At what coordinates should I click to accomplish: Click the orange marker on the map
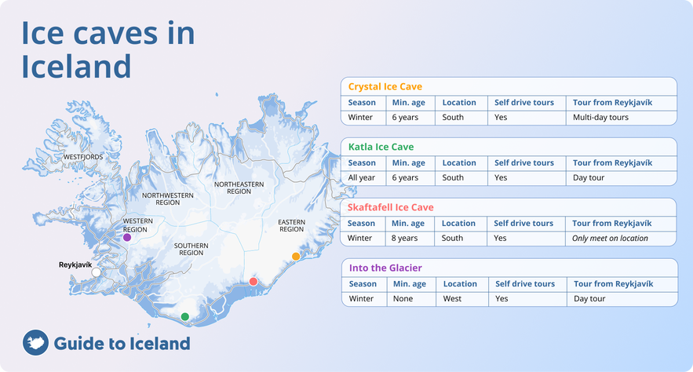click(x=296, y=257)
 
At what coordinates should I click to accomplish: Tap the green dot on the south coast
click(x=185, y=316)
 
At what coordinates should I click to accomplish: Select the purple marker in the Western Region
click(x=127, y=237)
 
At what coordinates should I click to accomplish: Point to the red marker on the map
click(x=253, y=282)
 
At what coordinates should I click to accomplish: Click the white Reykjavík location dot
click(x=97, y=272)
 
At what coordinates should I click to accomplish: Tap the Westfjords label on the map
click(x=83, y=157)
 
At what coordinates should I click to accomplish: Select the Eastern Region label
click(x=291, y=225)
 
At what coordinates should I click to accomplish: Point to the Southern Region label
click(x=191, y=249)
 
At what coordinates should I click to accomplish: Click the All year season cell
click(x=363, y=177)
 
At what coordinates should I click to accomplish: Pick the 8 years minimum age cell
click(x=406, y=238)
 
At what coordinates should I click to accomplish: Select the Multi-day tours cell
click(x=600, y=117)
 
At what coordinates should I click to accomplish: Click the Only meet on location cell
click(x=611, y=238)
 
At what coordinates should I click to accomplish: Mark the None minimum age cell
click(x=403, y=298)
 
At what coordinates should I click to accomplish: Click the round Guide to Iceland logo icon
click(x=35, y=343)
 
